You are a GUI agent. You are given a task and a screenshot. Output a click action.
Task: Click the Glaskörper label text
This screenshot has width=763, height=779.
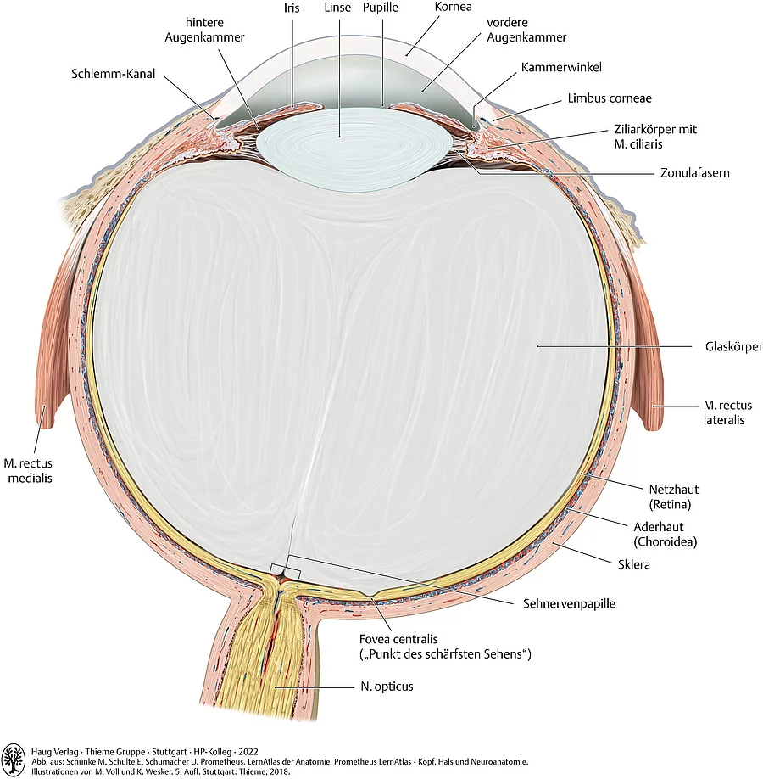tap(734, 347)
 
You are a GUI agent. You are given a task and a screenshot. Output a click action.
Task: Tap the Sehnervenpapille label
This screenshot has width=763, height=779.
tap(567, 604)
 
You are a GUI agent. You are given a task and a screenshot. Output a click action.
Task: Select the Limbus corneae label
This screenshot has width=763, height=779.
tap(610, 98)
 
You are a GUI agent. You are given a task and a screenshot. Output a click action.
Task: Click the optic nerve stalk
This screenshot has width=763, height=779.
tap(263, 662)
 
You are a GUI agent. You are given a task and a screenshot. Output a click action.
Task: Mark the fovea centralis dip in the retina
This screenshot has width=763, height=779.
tap(371, 593)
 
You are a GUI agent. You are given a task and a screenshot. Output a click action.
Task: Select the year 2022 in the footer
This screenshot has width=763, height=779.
tap(247, 751)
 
